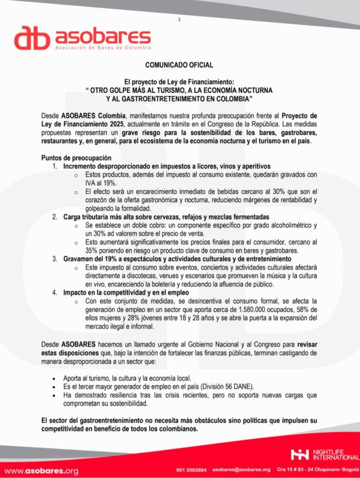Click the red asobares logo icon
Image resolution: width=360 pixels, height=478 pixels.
tap(32, 38)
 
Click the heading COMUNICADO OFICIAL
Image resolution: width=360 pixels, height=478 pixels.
tap(179, 65)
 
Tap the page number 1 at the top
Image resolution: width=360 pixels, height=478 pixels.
tap(179, 19)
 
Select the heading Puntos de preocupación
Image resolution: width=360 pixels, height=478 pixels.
tap(76, 158)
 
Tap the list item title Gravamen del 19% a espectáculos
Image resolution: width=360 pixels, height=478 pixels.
tap(178, 259)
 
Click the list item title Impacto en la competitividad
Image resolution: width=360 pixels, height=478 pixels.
tap(126, 292)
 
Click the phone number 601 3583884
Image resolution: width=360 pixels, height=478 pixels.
tap(192, 470)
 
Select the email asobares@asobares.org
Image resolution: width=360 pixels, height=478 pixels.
tap(241, 470)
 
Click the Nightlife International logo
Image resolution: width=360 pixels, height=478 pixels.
tap(325, 454)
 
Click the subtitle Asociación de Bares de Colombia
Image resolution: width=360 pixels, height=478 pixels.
tap(103, 48)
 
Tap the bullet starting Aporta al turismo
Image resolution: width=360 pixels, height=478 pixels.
tap(127, 378)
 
